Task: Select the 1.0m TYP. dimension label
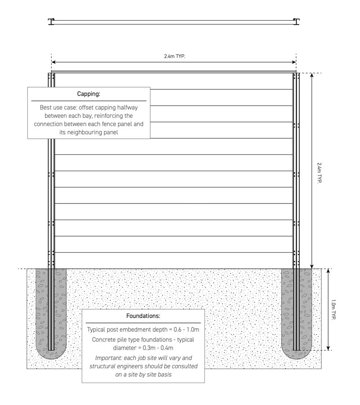(333, 309)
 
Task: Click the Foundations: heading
(143, 316)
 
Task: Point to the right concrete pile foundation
(297, 314)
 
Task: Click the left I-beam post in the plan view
(51, 22)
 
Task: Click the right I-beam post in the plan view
(296, 22)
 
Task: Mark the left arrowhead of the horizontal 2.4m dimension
(53, 62)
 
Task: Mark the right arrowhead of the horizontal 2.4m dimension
(294, 62)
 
